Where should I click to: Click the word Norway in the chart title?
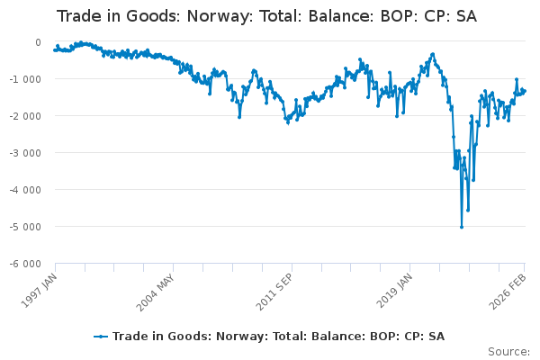pyautogui.click(x=220, y=16)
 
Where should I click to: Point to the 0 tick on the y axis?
pyautogui.click(x=37, y=42)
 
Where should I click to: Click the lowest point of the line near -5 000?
pyautogui.click(x=462, y=227)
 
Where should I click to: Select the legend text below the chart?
pyautogui.click(x=278, y=337)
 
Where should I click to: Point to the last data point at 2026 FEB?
pyautogui.click(x=525, y=90)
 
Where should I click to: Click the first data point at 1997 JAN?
pyautogui.click(x=55, y=50)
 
